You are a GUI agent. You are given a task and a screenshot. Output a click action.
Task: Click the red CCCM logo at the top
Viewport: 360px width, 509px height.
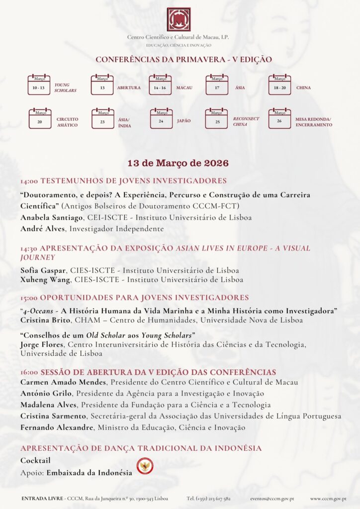click(x=179, y=19)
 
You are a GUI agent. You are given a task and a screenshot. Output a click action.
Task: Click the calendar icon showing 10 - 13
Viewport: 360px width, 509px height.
click(x=39, y=85)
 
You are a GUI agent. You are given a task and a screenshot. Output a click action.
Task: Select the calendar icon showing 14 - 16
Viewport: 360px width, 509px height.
click(x=160, y=85)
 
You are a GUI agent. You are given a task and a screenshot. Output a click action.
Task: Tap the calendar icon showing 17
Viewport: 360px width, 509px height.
click(x=217, y=85)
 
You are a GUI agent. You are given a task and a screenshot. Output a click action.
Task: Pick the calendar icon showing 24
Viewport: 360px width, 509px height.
click(x=161, y=119)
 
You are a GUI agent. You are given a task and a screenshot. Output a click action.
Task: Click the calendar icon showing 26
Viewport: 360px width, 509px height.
click(x=279, y=119)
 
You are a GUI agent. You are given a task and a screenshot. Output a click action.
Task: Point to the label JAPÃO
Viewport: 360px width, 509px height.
click(x=184, y=121)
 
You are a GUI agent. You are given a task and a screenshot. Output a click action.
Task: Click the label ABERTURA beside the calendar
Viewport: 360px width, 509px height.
click(x=129, y=88)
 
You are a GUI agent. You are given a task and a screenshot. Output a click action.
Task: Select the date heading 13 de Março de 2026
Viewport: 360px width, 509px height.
click(x=178, y=163)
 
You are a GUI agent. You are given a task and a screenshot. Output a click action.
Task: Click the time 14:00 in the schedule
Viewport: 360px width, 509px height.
click(x=29, y=181)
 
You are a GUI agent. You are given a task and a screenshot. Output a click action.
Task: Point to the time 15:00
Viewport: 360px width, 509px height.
click(x=29, y=298)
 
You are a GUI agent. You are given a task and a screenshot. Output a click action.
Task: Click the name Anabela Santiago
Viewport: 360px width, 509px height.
click(x=52, y=217)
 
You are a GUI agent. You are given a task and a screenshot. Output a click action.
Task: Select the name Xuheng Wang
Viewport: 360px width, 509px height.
click(x=46, y=280)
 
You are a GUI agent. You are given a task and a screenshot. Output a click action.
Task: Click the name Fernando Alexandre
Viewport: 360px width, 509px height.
click(x=57, y=427)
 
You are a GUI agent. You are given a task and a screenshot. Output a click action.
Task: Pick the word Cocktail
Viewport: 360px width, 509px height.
click(x=35, y=461)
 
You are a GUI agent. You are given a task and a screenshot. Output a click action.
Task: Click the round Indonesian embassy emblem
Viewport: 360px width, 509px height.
click(x=145, y=466)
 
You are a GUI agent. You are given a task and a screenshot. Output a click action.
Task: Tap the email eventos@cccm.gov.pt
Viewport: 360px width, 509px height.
click(x=271, y=498)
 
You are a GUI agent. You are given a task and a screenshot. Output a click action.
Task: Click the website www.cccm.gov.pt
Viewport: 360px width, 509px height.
click(x=328, y=498)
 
